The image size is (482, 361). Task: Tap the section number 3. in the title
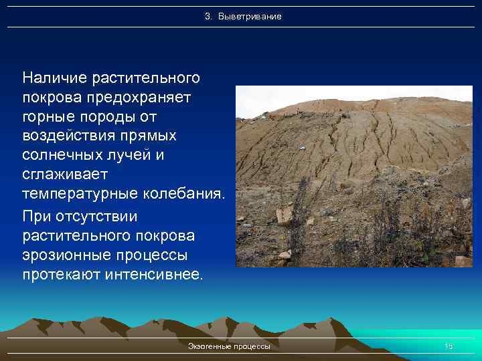(208, 16)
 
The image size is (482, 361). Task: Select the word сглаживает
(64, 175)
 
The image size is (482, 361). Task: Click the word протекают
(62, 275)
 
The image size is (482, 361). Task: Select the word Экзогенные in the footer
(210, 346)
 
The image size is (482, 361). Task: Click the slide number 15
(449, 346)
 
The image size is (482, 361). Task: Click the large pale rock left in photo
(285, 215)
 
